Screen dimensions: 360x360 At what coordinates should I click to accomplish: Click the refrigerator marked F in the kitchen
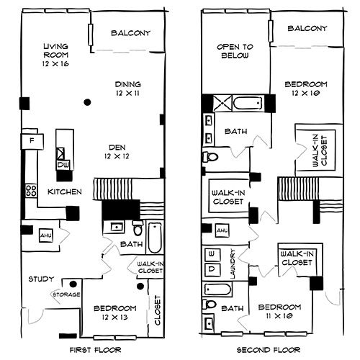(x=32, y=141)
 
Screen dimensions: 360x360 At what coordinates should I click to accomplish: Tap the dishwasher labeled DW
(x=63, y=165)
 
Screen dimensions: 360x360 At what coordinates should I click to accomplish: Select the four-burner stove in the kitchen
(x=31, y=191)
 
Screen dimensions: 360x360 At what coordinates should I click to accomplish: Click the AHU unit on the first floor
(x=46, y=235)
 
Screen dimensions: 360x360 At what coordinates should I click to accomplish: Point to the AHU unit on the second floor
(x=222, y=230)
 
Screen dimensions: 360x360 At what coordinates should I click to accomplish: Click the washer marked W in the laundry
(x=212, y=254)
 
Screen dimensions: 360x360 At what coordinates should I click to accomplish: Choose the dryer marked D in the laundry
(x=212, y=269)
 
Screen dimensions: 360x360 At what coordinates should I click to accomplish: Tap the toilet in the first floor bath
(x=138, y=228)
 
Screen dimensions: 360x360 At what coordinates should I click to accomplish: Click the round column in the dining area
(x=87, y=102)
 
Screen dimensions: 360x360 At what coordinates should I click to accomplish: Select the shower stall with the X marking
(x=222, y=103)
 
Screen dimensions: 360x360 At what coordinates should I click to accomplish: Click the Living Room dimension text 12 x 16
(x=55, y=64)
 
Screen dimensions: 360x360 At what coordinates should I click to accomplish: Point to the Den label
(x=117, y=147)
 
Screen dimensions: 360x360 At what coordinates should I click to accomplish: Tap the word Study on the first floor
(x=41, y=279)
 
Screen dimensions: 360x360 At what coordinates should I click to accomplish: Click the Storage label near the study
(x=66, y=294)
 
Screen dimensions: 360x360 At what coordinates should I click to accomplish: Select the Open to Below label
(x=235, y=51)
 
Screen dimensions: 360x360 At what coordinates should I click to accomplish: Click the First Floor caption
(x=96, y=350)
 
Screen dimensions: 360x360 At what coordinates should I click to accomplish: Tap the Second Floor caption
(x=269, y=350)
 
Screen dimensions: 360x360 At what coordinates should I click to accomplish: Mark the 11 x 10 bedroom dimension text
(x=279, y=316)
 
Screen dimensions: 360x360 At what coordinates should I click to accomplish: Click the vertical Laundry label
(x=233, y=264)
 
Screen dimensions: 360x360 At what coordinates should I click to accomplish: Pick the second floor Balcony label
(x=307, y=28)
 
